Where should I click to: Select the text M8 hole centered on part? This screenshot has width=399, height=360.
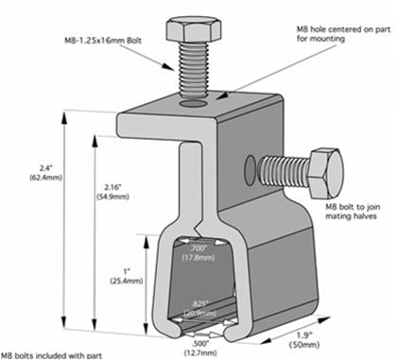coord(330,28)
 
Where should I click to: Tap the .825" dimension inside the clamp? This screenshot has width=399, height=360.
coord(199,304)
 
